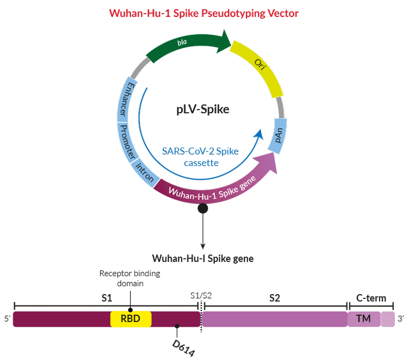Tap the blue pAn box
(278, 136)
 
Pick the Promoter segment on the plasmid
(127, 142)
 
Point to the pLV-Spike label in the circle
(203, 109)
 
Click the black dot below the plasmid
(203, 209)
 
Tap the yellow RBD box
(131, 319)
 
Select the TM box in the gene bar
(364, 319)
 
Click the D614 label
(184, 348)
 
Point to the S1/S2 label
(201, 296)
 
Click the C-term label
(371, 298)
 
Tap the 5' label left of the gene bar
(7, 319)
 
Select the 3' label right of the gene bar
(401, 319)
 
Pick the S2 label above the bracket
(275, 298)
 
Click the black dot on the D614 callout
(177, 326)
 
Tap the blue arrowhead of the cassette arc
(259, 134)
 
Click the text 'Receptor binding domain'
(130, 278)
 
